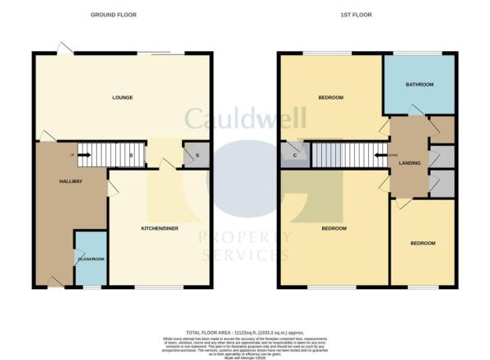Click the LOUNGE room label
pyautogui.click(x=123, y=97)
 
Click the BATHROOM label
pyautogui.click(x=420, y=84)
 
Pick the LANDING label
pyautogui.click(x=409, y=163)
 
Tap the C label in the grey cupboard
pyautogui.click(x=295, y=153)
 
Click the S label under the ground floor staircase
pyautogui.click(x=128, y=154)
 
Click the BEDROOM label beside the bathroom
pyautogui.click(x=330, y=97)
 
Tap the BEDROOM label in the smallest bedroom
pyautogui.click(x=423, y=243)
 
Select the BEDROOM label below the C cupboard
pyautogui.click(x=334, y=228)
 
